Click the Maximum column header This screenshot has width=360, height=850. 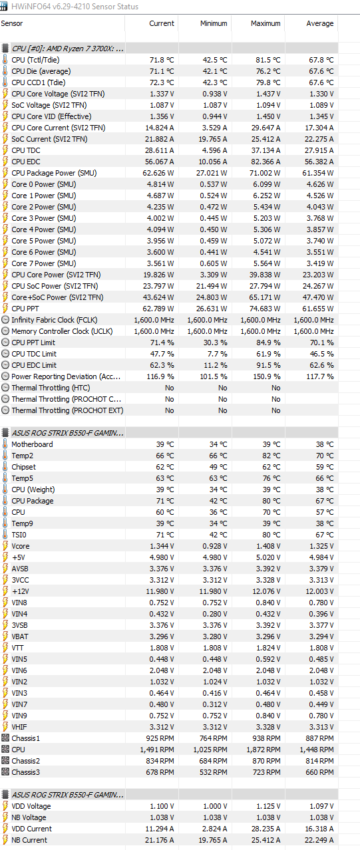click(x=266, y=23)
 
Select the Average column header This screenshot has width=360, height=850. click(x=320, y=23)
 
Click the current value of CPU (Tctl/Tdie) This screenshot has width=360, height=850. click(x=162, y=60)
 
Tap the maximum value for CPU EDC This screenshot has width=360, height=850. click(x=266, y=162)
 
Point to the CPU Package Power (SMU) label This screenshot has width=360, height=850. click(x=54, y=173)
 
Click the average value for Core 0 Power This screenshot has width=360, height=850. click(x=321, y=184)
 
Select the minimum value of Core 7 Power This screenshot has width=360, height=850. click(x=214, y=263)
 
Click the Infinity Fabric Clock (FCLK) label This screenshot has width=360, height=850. click(x=55, y=320)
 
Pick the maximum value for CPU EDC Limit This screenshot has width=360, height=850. click(x=268, y=365)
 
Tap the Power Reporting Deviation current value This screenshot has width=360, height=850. click(x=160, y=376)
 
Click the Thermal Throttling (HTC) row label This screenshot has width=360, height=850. click(x=51, y=388)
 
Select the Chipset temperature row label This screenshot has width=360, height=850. click(x=23, y=467)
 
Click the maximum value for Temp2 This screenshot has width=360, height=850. click(x=271, y=456)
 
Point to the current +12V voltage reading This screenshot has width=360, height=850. click(x=160, y=591)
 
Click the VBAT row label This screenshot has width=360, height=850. click(x=20, y=637)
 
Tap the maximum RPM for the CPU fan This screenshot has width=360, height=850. click(x=264, y=750)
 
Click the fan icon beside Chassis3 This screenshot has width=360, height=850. click(x=5, y=772)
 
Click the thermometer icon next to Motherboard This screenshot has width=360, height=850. click(x=5, y=444)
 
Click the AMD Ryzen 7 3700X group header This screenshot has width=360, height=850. click(x=68, y=49)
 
